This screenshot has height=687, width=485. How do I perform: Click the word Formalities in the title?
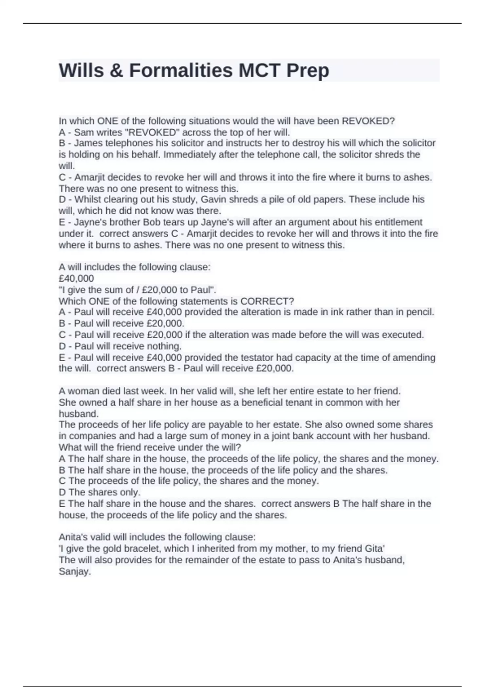click(181, 70)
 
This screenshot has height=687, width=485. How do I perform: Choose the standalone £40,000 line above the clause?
click(76, 278)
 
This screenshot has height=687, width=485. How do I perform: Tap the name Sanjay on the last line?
click(74, 571)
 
